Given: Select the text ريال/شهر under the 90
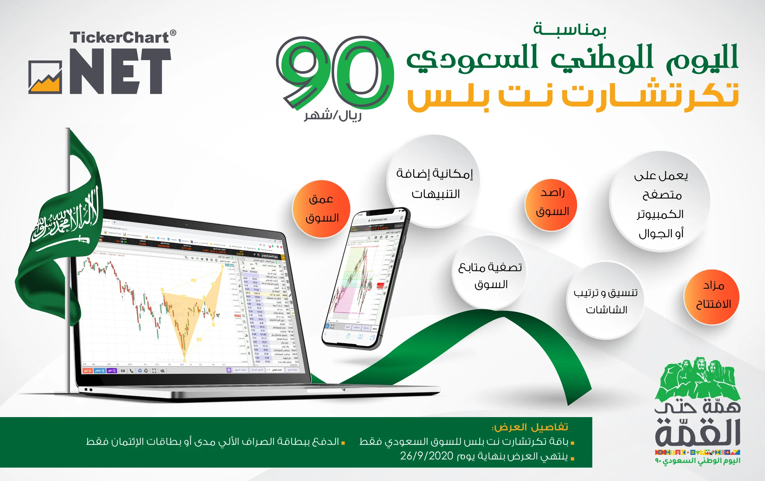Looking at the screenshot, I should click(333, 115).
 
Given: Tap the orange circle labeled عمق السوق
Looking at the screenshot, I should click(321, 209).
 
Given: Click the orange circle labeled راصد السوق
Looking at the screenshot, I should click(551, 205).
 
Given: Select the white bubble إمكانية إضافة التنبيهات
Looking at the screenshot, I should click(434, 182).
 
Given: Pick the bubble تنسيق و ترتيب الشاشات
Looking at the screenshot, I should click(605, 301).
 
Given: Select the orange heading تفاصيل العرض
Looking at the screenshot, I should click(530, 427).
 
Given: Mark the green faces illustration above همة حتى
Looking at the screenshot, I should click(697, 378).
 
